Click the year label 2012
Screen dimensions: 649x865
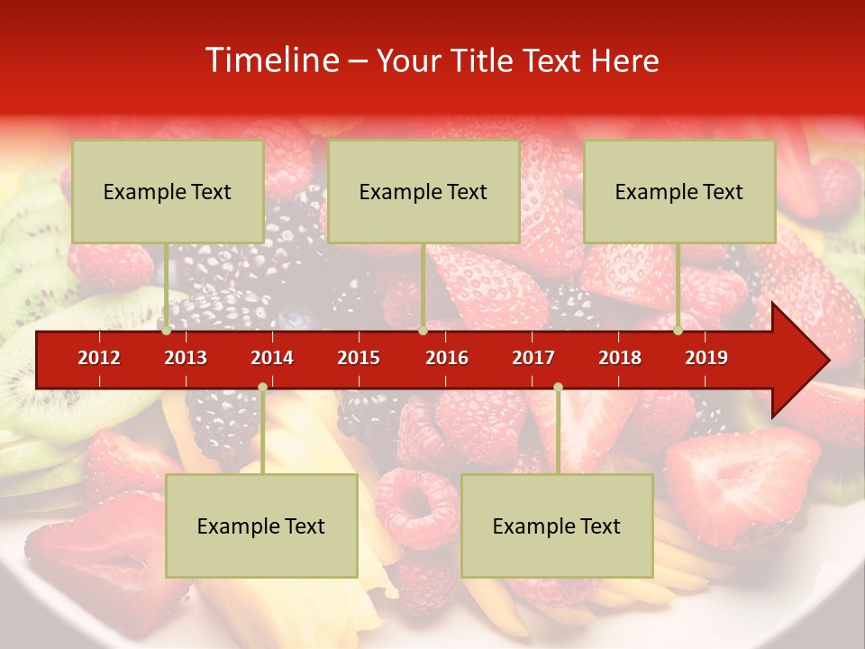(x=99, y=358)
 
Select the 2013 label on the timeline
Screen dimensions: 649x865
(x=186, y=358)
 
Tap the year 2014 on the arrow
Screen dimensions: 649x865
(x=272, y=358)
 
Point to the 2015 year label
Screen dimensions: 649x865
(x=359, y=358)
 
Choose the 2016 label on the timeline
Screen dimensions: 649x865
(x=447, y=358)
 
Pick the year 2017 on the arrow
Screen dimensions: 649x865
(x=533, y=358)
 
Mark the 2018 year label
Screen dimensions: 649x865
(x=620, y=358)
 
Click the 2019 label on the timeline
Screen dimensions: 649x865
(x=706, y=358)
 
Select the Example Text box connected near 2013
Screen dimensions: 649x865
(x=168, y=191)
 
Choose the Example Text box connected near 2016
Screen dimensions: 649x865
(x=423, y=191)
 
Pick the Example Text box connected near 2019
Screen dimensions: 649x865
(x=679, y=191)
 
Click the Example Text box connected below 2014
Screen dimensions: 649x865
(x=261, y=526)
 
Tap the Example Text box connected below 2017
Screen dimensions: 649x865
(x=557, y=526)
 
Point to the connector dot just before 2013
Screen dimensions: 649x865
(x=166, y=331)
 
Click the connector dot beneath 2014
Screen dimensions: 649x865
(x=262, y=387)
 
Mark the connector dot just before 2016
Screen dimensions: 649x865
(x=423, y=331)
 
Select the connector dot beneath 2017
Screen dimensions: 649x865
(x=558, y=387)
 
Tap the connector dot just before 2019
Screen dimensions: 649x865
(x=678, y=331)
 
